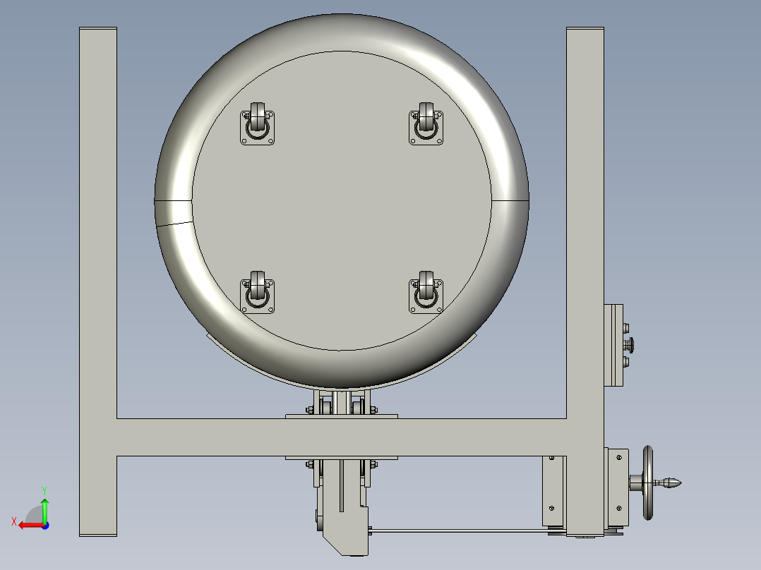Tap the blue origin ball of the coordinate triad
[x=44, y=525]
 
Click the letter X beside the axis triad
[x=13, y=521]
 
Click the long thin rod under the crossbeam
[x=459, y=530]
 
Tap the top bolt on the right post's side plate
[x=626, y=327]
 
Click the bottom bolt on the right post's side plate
[x=626, y=363]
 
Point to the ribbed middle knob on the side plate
[x=631, y=345]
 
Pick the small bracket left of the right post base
[x=553, y=491]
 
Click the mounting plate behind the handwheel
[x=617, y=487]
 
